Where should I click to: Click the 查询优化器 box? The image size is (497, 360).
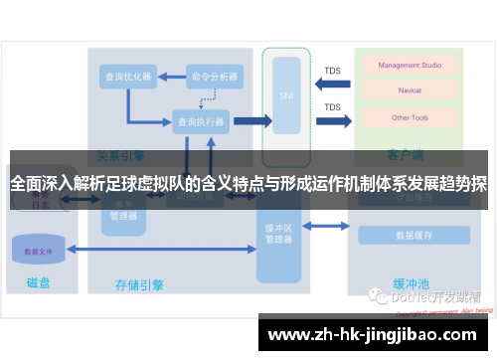pyautogui.click(x=127, y=76)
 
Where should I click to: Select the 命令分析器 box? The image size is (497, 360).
pyautogui.click(x=214, y=76)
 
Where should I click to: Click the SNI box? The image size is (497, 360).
pyautogui.click(x=286, y=96)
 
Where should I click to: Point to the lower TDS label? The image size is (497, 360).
pyautogui.click(x=332, y=107)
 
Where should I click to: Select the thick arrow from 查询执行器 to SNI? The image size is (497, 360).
pyautogui.click(x=251, y=121)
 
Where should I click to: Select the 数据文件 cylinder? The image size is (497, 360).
pyautogui.click(x=39, y=250)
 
